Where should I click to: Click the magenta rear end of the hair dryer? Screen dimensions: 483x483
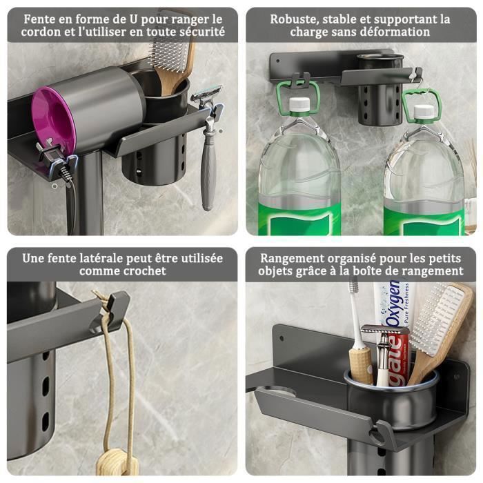pos(50,117)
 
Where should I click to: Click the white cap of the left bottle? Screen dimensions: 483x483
pos(298,105)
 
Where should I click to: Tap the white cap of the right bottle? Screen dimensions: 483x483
pos(422,111)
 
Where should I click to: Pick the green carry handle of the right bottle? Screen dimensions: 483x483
pos(422,99)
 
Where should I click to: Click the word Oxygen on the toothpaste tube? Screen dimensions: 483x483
pos(393,304)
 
